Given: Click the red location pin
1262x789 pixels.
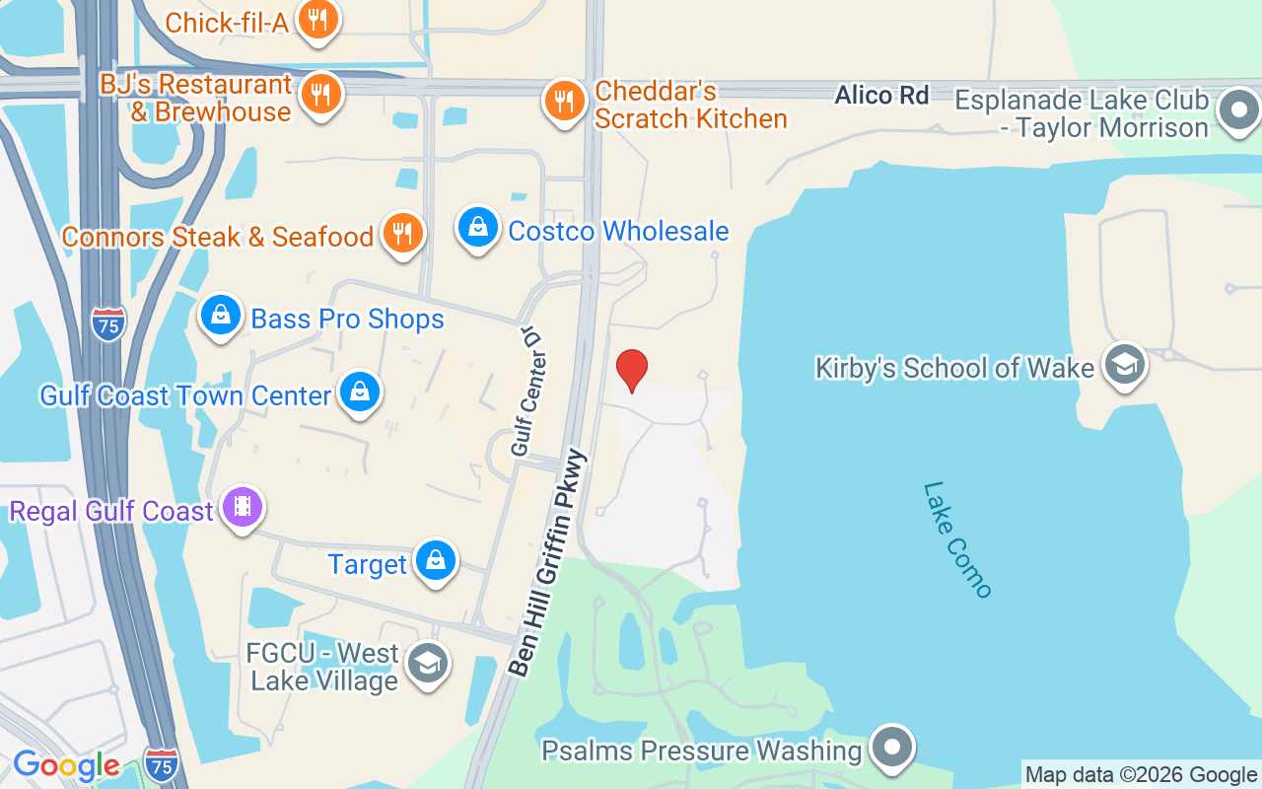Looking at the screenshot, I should coord(631,370).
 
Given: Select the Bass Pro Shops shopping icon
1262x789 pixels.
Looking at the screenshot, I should coord(221,315).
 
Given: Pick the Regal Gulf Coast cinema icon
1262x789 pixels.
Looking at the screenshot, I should coord(243,508).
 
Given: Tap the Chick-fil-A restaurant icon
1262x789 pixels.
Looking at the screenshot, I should coord(317,20).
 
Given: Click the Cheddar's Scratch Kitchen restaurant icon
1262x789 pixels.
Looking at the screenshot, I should coord(564,101).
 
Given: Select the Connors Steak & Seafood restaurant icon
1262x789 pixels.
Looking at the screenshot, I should coord(402,233).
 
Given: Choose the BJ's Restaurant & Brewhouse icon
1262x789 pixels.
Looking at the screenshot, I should coord(319,95).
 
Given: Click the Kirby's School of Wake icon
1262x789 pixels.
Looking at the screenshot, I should coord(1124,365).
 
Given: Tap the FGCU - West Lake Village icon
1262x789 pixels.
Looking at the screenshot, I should coord(427,664).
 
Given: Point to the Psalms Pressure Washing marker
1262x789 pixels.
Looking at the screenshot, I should coord(892,747).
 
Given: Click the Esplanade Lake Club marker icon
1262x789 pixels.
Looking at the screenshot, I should coord(1238,110).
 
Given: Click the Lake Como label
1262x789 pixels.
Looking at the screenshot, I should coord(957,539).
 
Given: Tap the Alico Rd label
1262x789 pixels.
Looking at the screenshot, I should coord(881,96).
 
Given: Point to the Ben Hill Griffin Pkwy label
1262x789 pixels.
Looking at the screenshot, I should coord(549,563).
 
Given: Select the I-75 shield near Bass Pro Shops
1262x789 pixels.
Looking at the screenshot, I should coord(108,323).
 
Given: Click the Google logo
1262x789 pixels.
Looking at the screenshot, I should coord(66,765).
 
